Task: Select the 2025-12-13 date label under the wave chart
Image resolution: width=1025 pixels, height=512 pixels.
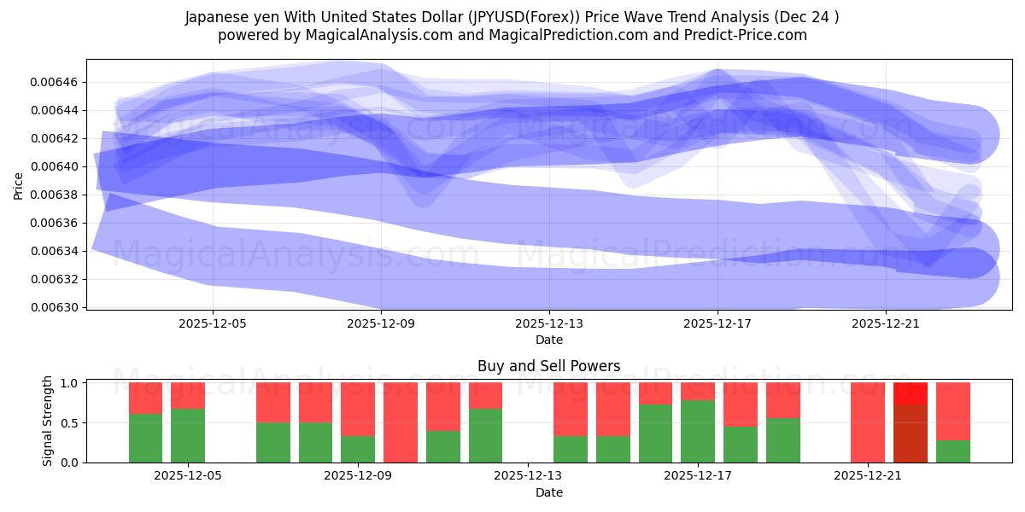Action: (549, 323)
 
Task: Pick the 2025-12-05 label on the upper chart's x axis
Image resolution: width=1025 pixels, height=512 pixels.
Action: (213, 323)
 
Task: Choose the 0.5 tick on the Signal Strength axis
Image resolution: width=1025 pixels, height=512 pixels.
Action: (71, 422)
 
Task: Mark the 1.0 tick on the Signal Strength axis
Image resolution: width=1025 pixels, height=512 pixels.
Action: (71, 383)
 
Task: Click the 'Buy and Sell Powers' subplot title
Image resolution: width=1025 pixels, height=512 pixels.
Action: (548, 366)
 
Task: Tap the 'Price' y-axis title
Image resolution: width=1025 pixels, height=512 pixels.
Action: (19, 184)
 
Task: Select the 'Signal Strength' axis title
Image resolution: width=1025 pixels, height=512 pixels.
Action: (48, 421)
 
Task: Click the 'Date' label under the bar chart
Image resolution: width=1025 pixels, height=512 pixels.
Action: (548, 492)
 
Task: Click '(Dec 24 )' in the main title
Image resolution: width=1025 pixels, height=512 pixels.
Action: (803, 17)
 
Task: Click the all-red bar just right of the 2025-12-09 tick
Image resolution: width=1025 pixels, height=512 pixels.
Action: (401, 422)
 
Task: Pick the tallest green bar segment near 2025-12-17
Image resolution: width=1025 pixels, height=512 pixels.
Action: (698, 431)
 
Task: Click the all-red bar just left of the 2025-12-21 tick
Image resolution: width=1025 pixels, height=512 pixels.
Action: (867, 422)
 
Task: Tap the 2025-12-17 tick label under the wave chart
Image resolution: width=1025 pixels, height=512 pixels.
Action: (717, 323)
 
